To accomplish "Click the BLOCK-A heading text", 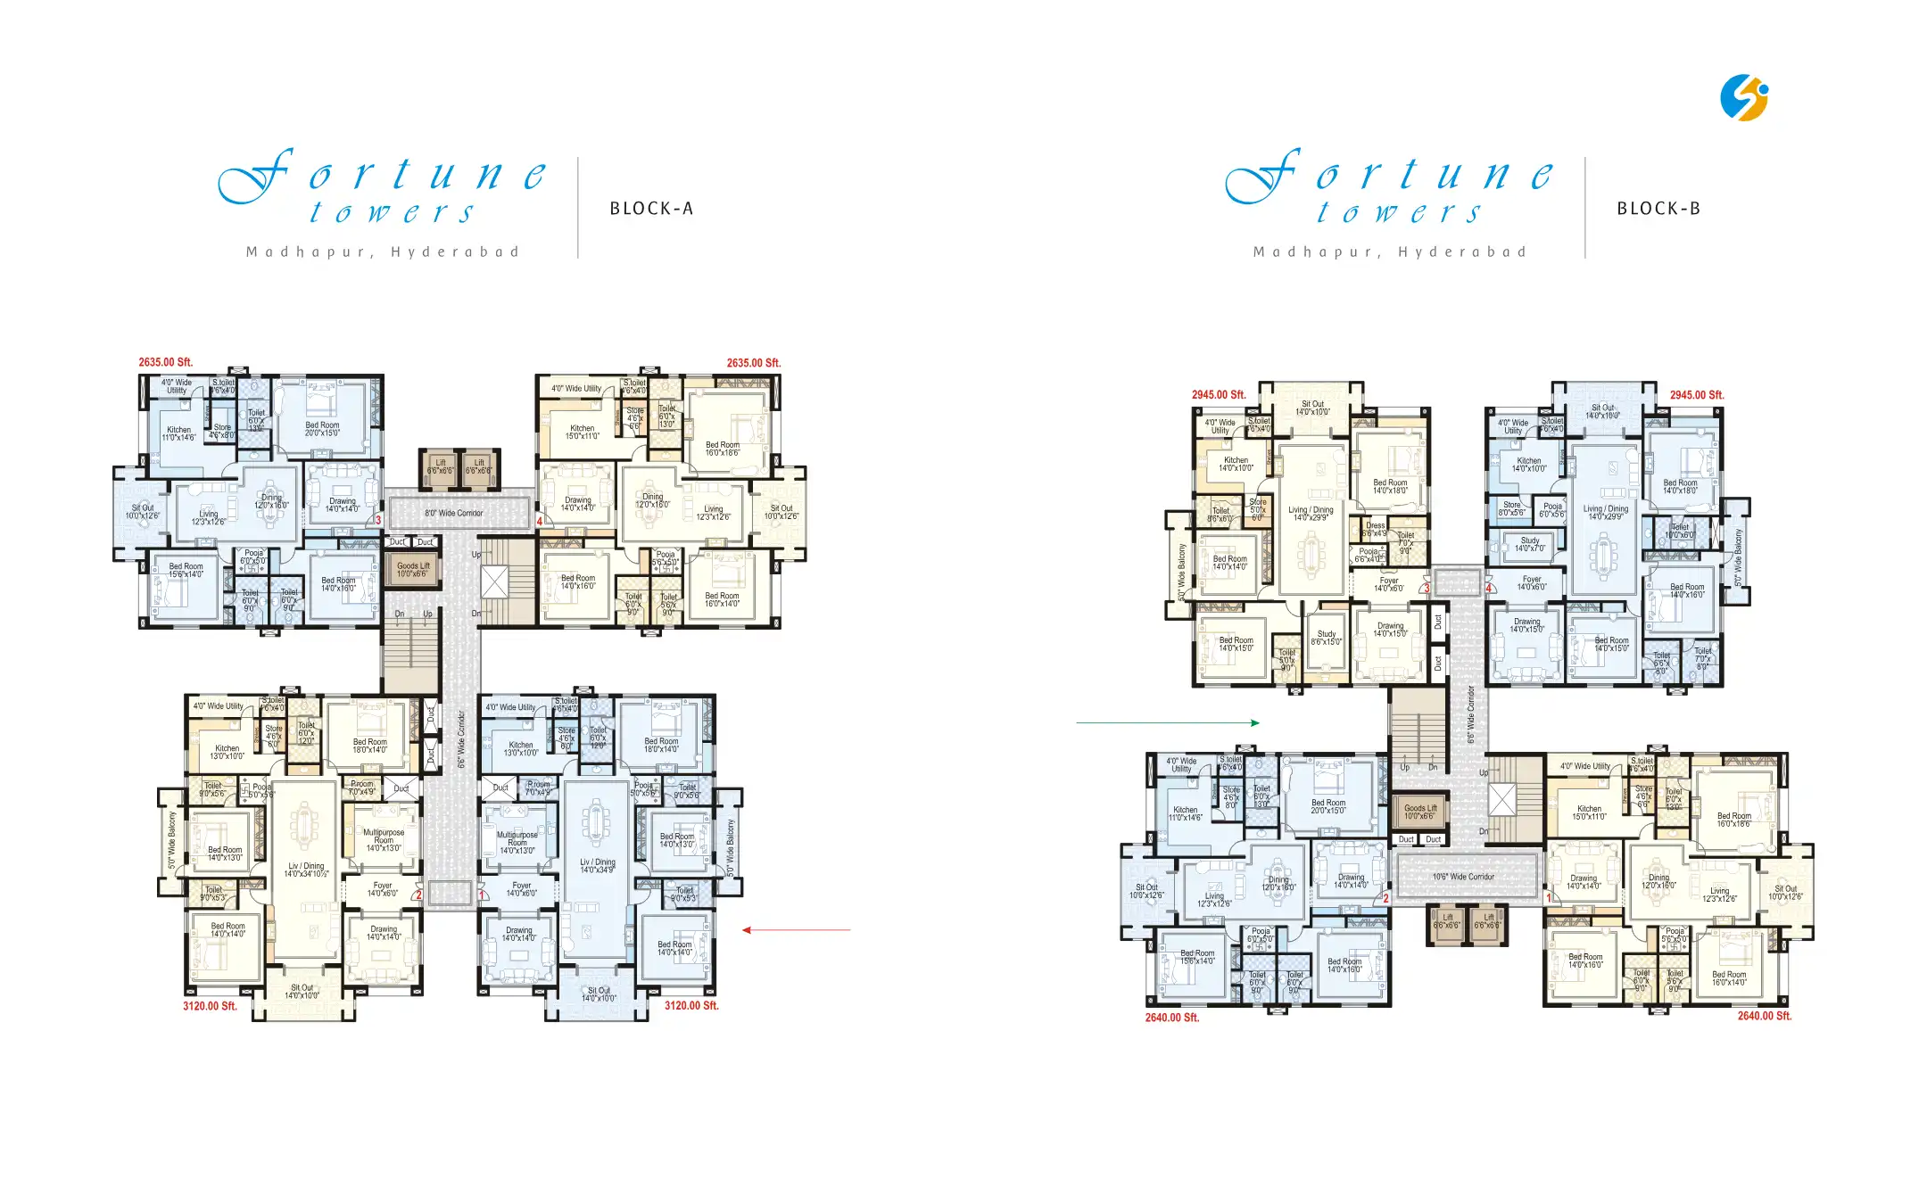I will [651, 209].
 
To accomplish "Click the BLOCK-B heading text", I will [1658, 209].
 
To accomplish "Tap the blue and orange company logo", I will [1743, 97].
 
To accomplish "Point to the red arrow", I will [796, 930].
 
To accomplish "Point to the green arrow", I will [1168, 722].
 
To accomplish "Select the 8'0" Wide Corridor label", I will [454, 513].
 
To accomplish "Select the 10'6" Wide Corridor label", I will [1463, 877].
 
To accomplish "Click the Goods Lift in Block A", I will [413, 569].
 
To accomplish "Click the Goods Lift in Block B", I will [1420, 812].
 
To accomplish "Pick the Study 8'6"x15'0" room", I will [1327, 638].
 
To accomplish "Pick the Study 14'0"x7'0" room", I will [1529, 544].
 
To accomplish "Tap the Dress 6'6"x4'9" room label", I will [1375, 529].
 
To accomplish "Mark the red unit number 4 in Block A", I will [540, 521].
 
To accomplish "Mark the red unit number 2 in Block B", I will [1385, 898].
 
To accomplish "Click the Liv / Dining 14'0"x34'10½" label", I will [306, 870].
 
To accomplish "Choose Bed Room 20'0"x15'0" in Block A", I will [322, 429].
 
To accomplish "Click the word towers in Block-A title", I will [393, 212].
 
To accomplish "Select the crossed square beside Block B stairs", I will [1501, 800].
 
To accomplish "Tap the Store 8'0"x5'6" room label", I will [1511, 508].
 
